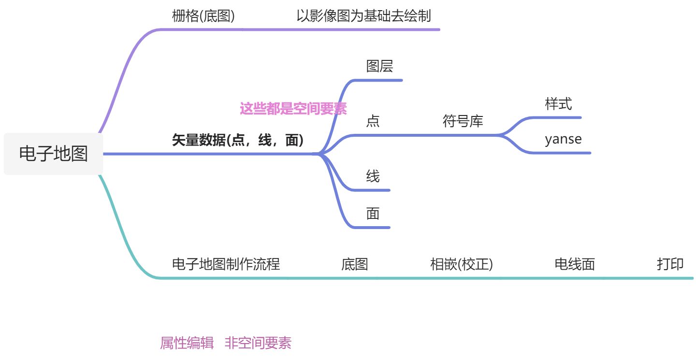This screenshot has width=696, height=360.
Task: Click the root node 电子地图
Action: coord(53,154)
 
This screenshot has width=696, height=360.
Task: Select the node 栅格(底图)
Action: coord(203,16)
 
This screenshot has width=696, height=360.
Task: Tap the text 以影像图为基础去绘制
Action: coord(363,16)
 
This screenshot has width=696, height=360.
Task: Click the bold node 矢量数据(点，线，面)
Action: coord(238,141)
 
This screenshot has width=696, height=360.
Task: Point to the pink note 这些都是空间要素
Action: coord(293,109)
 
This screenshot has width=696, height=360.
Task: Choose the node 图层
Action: coord(379,66)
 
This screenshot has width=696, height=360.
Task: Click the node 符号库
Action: coord(463,121)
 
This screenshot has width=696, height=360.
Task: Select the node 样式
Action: coord(558,104)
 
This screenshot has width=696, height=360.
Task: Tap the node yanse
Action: coord(563,140)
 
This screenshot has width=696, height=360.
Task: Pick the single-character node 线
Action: coord(373,176)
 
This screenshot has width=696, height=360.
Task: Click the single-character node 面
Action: coord(373,214)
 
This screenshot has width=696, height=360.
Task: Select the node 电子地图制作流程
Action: coord(226,264)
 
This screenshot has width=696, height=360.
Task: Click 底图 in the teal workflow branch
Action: coord(355,264)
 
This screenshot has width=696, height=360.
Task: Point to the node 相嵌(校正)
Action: coord(461,264)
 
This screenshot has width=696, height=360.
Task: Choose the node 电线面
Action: coord(575,264)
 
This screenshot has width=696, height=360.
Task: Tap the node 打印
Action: coord(670,264)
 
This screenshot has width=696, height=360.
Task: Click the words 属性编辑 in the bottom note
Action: coord(187,343)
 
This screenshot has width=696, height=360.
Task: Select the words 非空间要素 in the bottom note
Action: coord(258,343)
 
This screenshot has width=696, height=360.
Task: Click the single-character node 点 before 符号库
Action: coord(373,121)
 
